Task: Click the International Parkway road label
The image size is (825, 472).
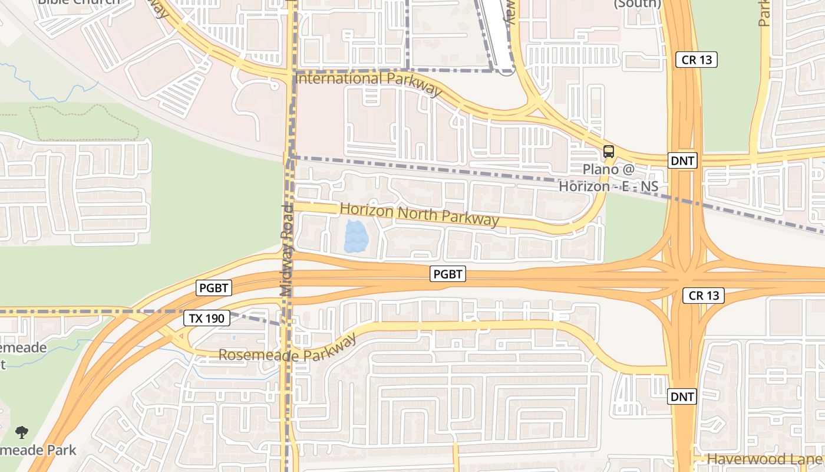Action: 369,83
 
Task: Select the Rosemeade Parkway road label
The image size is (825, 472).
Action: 288,349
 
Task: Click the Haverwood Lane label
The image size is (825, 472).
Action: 765,459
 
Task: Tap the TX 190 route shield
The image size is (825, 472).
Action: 206,319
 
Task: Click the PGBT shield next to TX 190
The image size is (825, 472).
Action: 214,288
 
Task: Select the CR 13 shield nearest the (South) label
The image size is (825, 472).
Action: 697,60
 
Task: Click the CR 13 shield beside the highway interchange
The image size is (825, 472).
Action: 704,296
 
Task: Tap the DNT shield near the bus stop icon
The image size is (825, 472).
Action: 683,160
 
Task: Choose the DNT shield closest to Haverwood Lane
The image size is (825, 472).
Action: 682,397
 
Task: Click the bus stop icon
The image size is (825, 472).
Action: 609,152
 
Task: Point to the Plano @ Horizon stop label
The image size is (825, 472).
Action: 608,178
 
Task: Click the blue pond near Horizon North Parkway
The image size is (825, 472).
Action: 356,237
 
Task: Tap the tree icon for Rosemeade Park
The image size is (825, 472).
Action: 22,432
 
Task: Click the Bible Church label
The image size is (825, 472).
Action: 78,2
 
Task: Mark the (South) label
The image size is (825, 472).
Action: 637,4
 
